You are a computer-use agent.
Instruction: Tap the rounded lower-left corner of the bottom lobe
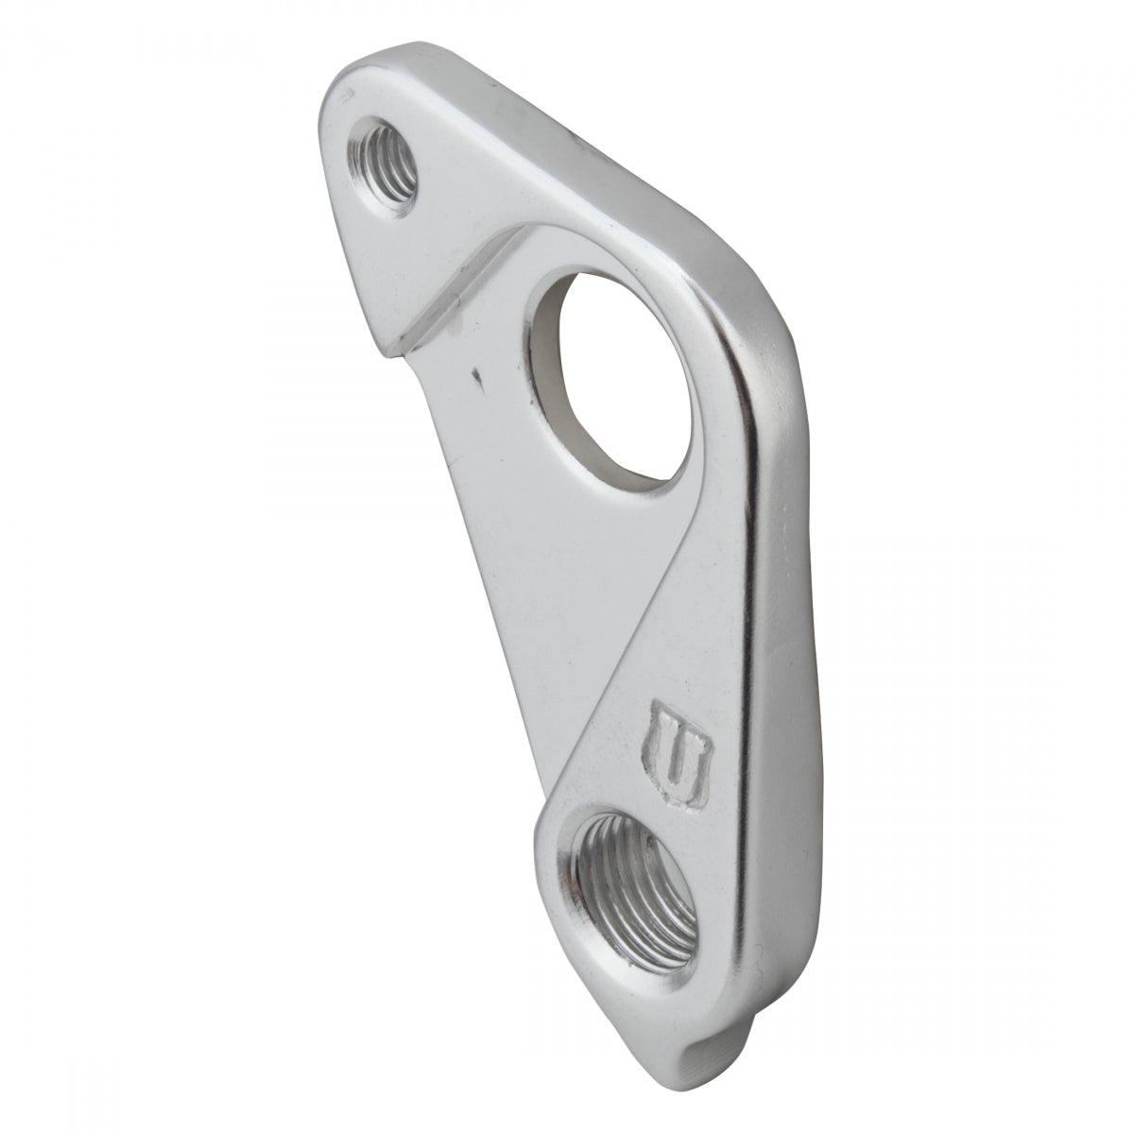coord(548,850)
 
